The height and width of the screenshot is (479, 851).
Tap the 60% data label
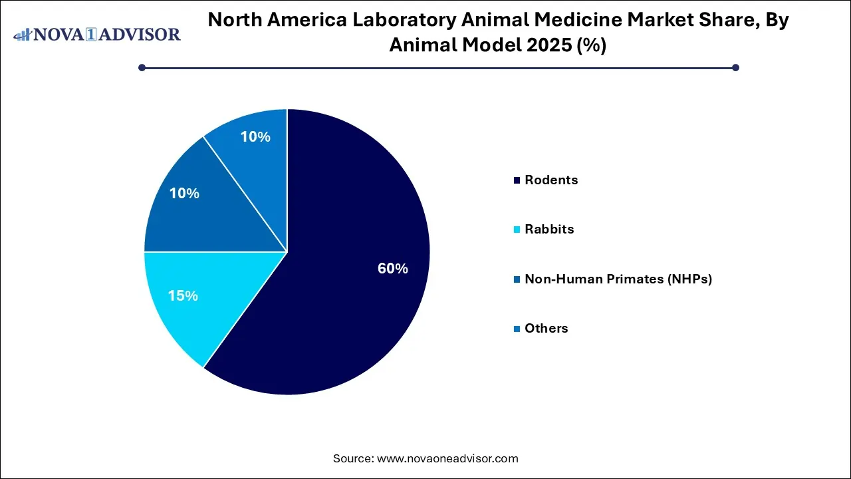[392, 269]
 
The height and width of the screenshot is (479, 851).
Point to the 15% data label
[183, 295]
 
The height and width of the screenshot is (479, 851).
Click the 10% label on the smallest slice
[255, 137]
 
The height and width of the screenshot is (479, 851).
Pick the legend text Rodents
[551, 180]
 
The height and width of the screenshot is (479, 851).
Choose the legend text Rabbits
[549, 229]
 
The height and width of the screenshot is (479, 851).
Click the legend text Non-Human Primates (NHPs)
[618, 279]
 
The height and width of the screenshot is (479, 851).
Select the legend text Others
[547, 328]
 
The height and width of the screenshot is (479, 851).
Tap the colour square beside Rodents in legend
[517, 180]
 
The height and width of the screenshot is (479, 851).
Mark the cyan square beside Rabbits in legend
[517, 230]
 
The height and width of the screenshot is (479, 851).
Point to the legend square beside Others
[517, 329]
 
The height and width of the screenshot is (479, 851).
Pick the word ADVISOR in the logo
[142, 34]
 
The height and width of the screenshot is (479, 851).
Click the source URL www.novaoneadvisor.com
[447, 458]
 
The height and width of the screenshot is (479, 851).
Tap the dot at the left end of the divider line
[142, 67]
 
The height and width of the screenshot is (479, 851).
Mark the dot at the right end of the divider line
[735, 67]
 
